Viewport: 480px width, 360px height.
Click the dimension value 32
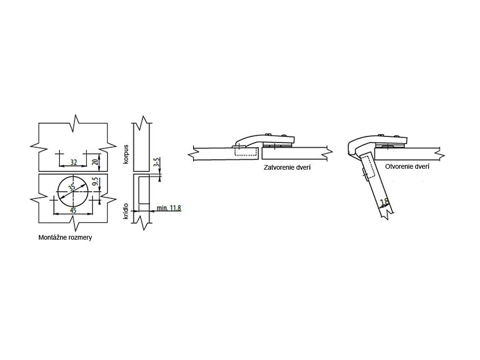coord(74,162)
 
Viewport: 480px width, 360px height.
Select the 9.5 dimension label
coord(95,183)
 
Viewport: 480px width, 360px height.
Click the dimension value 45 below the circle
coord(73,210)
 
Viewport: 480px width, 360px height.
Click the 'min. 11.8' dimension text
coord(168,208)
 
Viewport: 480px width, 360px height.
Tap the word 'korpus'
coord(126,154)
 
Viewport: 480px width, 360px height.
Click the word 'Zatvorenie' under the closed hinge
coord(278,167)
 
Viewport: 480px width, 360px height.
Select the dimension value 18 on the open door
coord(384,203)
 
